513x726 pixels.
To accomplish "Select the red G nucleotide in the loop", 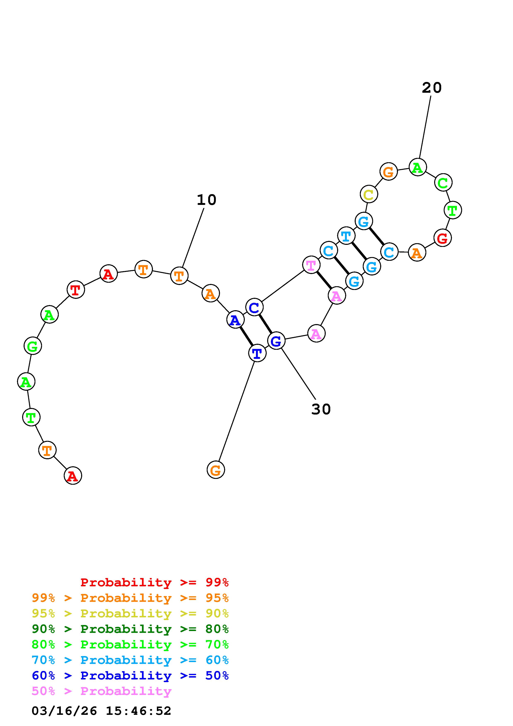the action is tap(442, 238).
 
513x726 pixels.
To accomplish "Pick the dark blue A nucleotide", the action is tap(235, 320).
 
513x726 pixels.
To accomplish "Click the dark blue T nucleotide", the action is tap(257, 353).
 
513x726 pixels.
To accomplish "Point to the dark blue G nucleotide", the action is tap(276, 341).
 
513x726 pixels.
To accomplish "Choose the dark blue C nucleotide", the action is tap(254, 307).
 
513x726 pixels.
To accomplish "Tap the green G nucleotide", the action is tap(32, 346).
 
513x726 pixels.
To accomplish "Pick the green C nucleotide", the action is tap(443, 183).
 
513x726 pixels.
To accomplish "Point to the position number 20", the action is tap(431, 88).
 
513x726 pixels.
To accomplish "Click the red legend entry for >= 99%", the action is tap(154, 582).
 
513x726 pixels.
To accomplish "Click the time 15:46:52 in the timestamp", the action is tap(138, 711).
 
